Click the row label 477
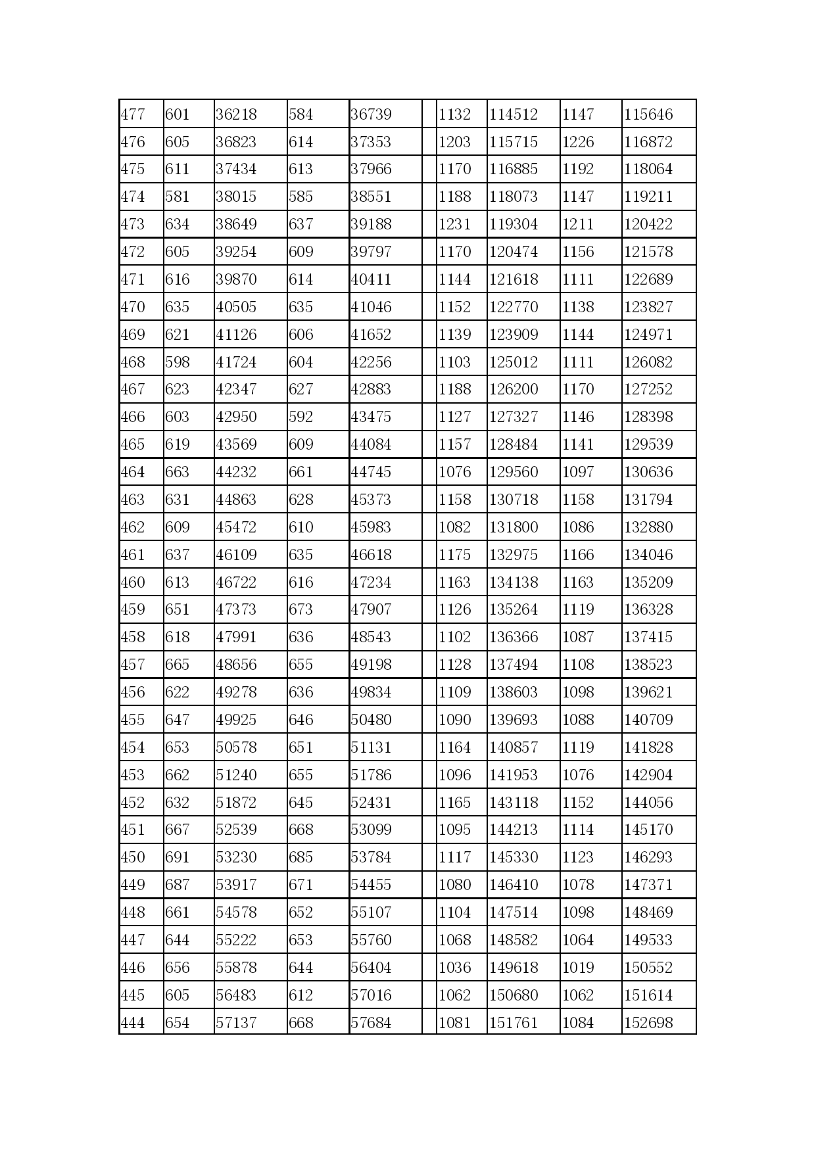pyautogui.click(x=133, y=114)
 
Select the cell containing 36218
pyautogui.click(x=236, y=114)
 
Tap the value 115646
pyautogui.click(x=648, y=114)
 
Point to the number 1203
pyautogui.click(x=455, y=142)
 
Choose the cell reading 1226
pyautogui.click(x=578, y=142)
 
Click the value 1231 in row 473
pyautogui.click(x=455, y=224)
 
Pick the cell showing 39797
pyautogui.click(x=371, y=252)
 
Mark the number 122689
pyautogui.click(x=648, y=279)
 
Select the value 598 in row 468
pyautogui.click(x=177, y=362)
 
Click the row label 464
pyautogui.click(x=133, y=472)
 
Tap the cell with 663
pyautogui.click(x=177, y=472)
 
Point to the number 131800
pyautogui.click(x=514, y=527)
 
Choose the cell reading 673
pyautogui.click(x=301, y=609)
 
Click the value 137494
pyautogui.click(x=514, y=665)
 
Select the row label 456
pyautogui.click(x=133, y=692)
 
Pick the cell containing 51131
pyautogui.click(x=371, y=747)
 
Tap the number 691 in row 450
pyautogui.click(x=177, y=857)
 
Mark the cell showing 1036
pyautogui.click(x=455, y=968)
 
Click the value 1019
pyautogui.click(x=578, y=968)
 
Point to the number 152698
pyautogui.click(x=648, y=1023)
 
